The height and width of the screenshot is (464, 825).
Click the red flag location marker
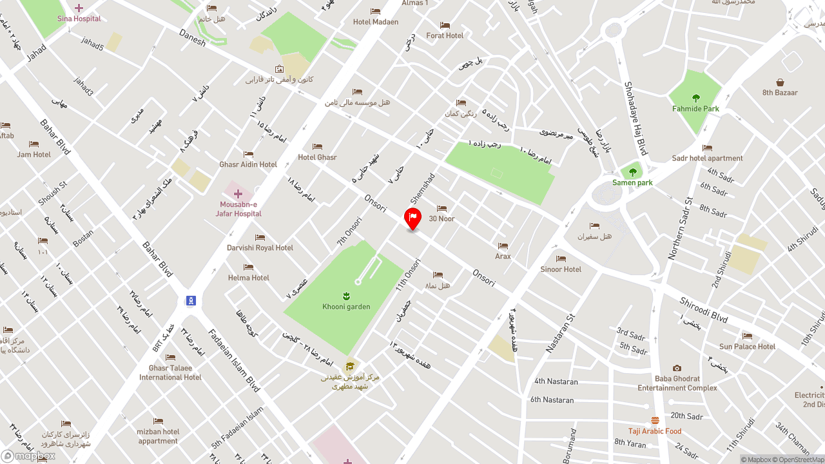[x=412, y=218]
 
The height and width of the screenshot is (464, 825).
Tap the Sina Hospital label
[x=79, y=19]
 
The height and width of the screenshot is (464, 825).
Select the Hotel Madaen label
[x=375, y=22]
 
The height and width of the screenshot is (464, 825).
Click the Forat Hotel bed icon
[x=445, y=25]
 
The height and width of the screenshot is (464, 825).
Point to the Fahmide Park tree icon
[x=695, y=98]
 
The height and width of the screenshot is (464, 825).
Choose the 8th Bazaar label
[x=780, y=93]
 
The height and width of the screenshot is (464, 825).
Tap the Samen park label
[x=632, y=183]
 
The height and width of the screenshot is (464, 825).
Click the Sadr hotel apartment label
[x=707, y=159]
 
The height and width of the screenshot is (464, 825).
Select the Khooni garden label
[x=346, y=307]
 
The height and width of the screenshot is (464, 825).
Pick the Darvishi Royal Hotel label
[x=260, y=248]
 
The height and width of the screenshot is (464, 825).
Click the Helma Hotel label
[x=248, y=278]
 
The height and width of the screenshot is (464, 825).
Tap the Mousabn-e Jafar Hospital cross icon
[x=238, y=194]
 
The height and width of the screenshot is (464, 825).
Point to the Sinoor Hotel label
[x=561, y=269]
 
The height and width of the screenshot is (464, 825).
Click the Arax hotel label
[x=503, y=256]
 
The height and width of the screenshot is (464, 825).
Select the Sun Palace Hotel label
[x=747, y=347]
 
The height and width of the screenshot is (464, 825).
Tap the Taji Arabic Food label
[x=655, y=432]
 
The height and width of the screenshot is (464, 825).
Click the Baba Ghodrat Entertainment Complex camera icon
[x=677, y=369]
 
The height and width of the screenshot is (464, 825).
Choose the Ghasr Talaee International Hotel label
[x=170, y=373]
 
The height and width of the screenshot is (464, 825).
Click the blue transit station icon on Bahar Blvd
[x=191, y=300]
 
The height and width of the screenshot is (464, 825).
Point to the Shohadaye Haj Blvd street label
[x=636, y=119]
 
